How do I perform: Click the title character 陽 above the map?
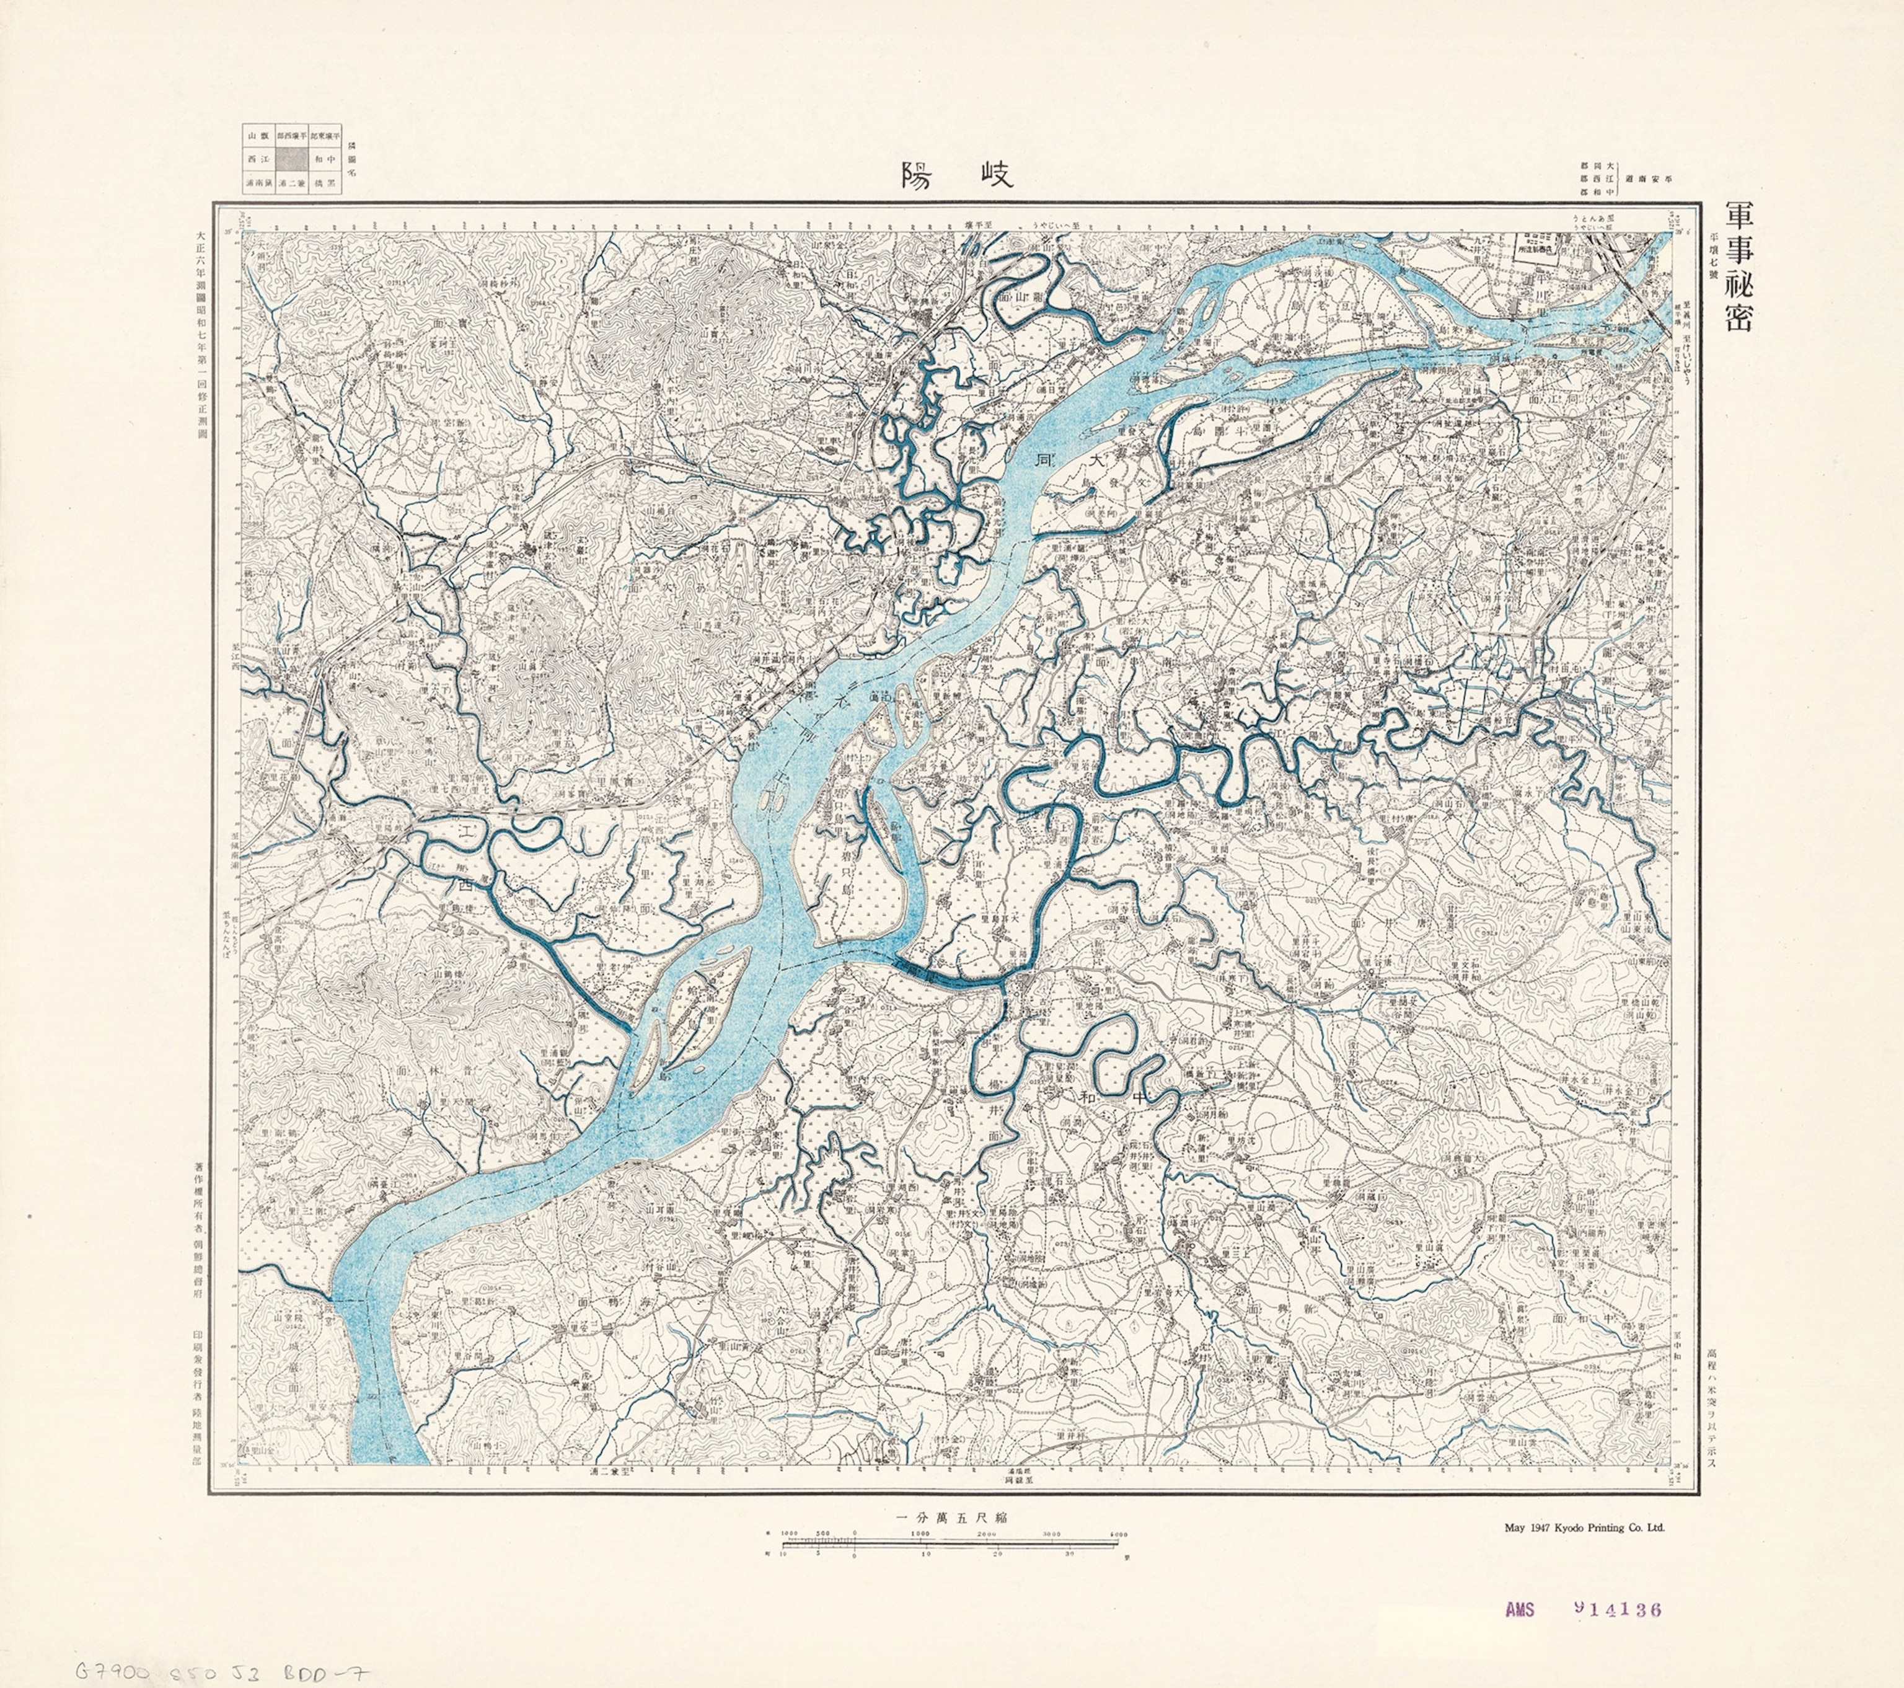917,175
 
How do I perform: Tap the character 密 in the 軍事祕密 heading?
1738,317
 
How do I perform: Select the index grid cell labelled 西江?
258,159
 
